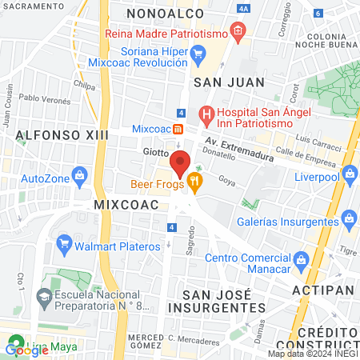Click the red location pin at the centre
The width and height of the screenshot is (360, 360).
pos(180,162)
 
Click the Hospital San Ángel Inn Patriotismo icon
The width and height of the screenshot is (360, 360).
pos(206,114)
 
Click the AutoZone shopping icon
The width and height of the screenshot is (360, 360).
pos(79,175)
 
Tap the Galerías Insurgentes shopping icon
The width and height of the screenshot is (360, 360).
pos(349,217)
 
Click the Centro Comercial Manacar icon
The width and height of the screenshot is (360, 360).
pos(301,258)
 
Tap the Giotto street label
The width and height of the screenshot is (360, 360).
pos(156,151)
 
